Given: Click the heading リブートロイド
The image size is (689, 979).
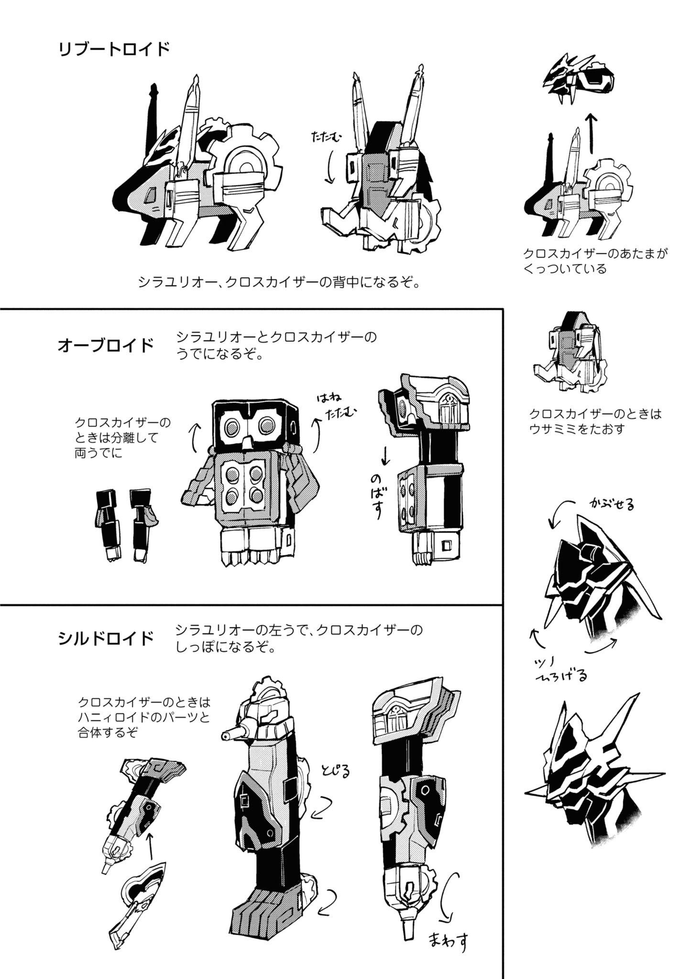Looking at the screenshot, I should (114, 50).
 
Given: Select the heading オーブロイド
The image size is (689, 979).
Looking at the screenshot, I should (106, 345).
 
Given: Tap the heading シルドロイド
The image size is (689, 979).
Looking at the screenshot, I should (106, 638).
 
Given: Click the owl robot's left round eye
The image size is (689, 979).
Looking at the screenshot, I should (233, 425).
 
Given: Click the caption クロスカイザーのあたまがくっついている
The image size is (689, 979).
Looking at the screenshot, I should (595, 261).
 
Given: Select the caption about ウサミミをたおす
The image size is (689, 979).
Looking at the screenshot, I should (595, 421).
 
